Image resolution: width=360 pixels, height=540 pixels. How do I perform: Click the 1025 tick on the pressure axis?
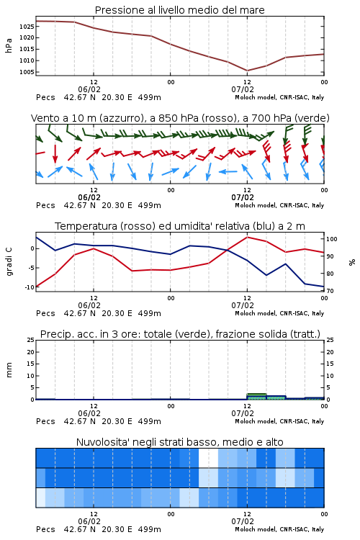click(x=27, y=27)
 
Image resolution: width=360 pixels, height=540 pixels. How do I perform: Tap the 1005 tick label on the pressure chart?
click(x=27, y=72)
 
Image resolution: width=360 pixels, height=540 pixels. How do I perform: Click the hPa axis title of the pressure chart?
click(x=9, y=45)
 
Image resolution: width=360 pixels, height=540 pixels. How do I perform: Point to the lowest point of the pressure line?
click(x=248, y=71)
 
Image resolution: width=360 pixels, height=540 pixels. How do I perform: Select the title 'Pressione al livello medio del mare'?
click(x=180, y=10)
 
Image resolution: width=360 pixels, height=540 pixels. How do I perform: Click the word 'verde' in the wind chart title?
click(x=312, y=118)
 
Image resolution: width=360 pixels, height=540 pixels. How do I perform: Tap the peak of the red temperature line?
click(x=248, y=237)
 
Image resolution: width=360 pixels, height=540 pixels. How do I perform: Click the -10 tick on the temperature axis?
click(x=30, y=287)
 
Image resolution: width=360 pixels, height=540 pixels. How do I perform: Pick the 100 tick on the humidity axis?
click(x=332, y=239)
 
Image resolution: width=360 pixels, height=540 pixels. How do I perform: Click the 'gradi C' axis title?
click(x=9, y=262)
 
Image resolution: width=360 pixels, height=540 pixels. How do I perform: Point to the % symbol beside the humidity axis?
click(x=352, y=262)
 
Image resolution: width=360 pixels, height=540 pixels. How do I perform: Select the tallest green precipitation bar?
click(x=256, y=397)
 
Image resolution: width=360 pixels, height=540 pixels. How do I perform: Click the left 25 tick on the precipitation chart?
click(x=31, y=341)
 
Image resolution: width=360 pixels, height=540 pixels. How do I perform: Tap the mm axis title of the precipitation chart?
click(x=9, y=370)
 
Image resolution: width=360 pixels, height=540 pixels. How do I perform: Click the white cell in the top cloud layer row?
click(x=208, y=458)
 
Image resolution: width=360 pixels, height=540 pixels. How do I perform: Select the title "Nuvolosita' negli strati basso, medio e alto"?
click(x=180, y=442)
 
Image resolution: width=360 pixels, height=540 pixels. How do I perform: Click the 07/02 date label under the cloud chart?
click(x=243, y=521)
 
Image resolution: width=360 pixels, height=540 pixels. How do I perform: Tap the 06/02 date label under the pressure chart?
click(x=89, y=89)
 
